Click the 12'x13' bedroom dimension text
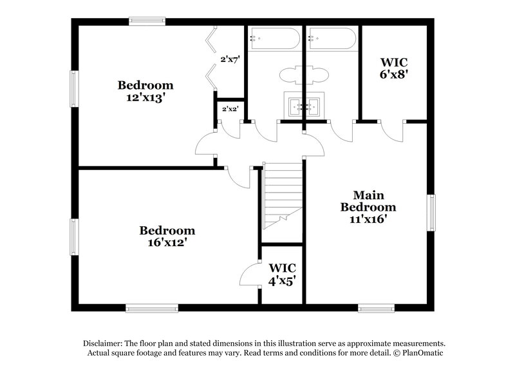(x=145, y=98)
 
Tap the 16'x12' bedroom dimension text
(x=167, y=243)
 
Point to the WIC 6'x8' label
(x=394, y=68)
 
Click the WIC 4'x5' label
(x=282, y=274)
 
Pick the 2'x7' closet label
(x=229, y=59)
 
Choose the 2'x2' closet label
(x=229, y=109)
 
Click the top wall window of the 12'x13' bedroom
(x=148, y=21)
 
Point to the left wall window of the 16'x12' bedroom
(x=74, y=236)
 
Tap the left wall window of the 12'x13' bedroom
(x=74, y=88)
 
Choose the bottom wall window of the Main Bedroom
(x=376, y=308)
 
